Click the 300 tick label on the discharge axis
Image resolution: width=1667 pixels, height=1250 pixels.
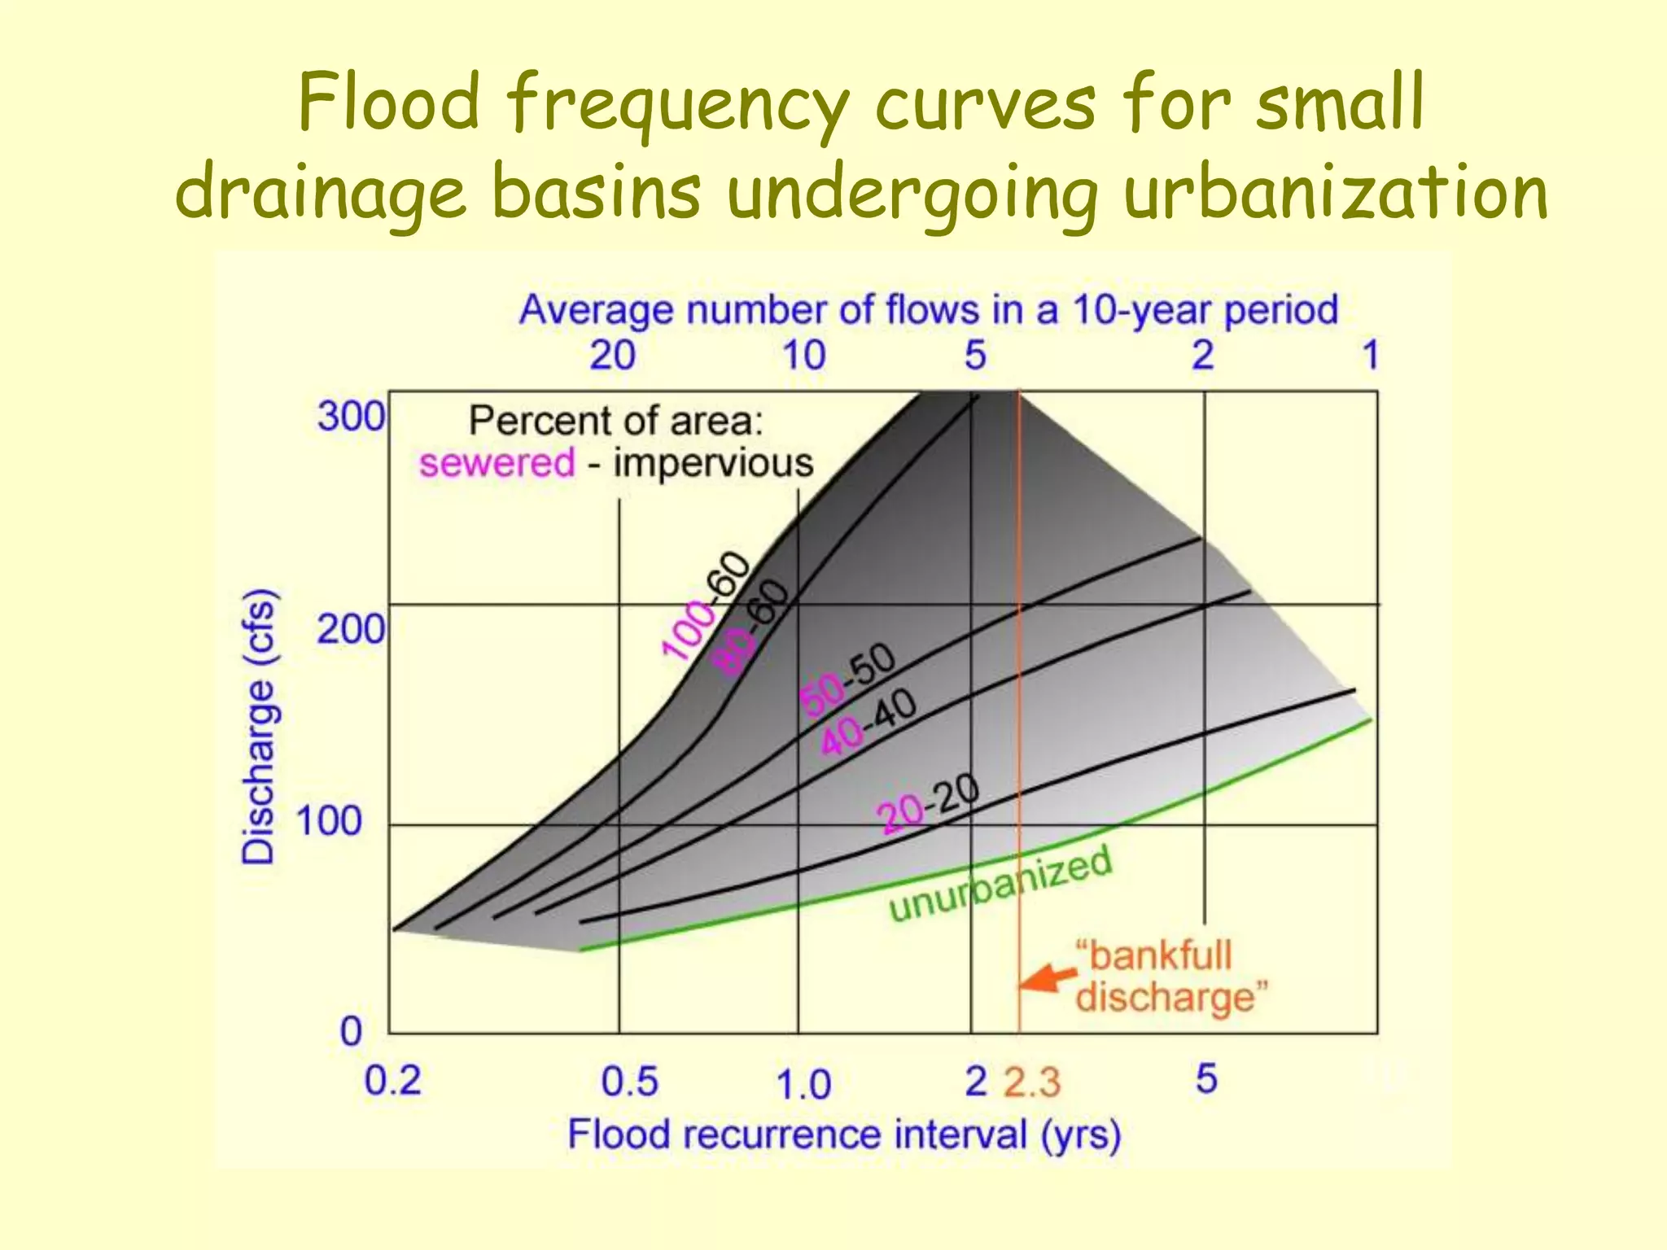pos(351,417)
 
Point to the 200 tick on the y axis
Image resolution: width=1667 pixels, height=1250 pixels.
pos(351,630)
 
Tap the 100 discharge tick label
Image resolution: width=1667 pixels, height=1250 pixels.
pos(329,821)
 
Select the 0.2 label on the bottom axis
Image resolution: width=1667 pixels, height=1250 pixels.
pos(392,1082)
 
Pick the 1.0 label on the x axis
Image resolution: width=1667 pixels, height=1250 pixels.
pos(803,1085)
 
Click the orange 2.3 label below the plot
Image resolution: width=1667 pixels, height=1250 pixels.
pos(1032,1083)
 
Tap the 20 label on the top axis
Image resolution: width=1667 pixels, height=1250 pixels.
pos(612,356)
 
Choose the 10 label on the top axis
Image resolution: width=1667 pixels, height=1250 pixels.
pos(803,356)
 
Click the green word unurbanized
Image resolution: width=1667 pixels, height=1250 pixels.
pos(1000,885)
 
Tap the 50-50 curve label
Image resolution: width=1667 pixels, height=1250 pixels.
pos(847,679)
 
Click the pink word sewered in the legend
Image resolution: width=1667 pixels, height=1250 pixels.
pos(497,463)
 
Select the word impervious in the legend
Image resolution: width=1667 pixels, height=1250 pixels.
pos(713,463)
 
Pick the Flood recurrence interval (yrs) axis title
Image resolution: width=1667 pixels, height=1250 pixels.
pos(844,1134)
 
